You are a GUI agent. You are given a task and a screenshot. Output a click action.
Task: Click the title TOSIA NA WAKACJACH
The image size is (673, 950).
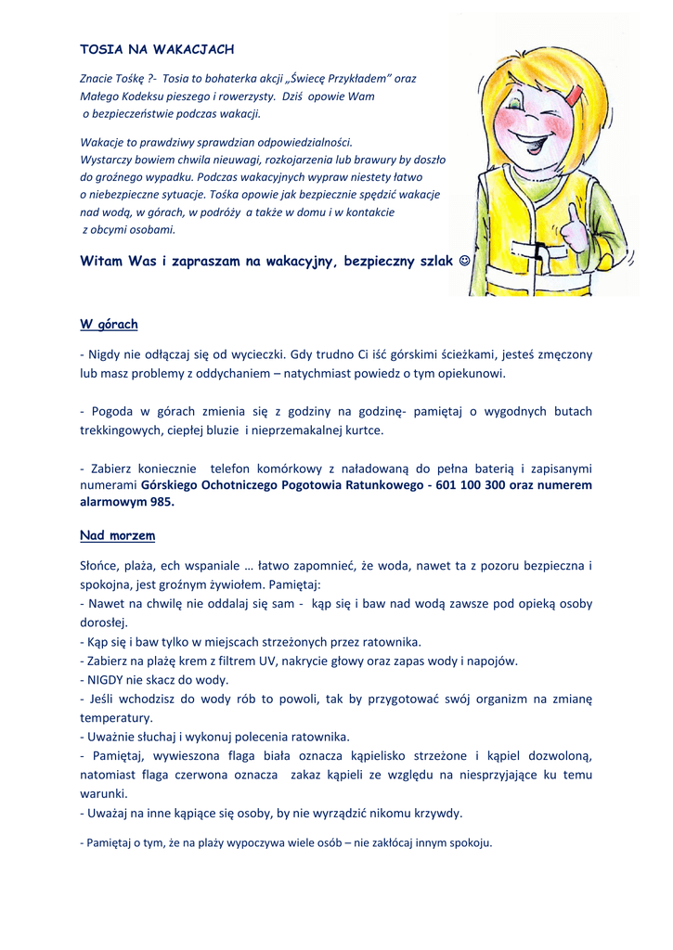point(157,48)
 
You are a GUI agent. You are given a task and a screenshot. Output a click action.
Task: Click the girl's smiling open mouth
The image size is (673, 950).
point(532,144)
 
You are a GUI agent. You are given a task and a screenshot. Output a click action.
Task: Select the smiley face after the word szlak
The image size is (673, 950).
point(465,262)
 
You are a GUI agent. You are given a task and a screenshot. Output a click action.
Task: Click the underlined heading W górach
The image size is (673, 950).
point(109,324)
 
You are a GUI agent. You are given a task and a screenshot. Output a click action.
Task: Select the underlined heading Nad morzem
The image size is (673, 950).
point(117,535)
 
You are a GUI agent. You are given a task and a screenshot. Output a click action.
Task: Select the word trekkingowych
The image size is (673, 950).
point(123,430)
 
